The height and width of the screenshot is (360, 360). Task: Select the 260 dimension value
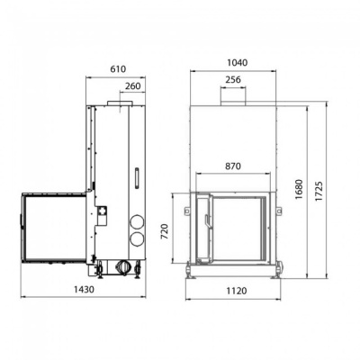pos(133,86)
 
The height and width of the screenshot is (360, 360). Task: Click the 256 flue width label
pos(233,80)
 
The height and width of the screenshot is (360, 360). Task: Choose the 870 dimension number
pos(233,167)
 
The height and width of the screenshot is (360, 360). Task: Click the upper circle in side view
pos(137,221)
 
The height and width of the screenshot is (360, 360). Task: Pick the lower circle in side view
pos(137,238)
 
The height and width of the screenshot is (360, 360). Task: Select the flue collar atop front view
pos(233,101)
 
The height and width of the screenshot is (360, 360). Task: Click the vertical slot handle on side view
pos(136,176)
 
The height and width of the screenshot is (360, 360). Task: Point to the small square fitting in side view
pos(102,211)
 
